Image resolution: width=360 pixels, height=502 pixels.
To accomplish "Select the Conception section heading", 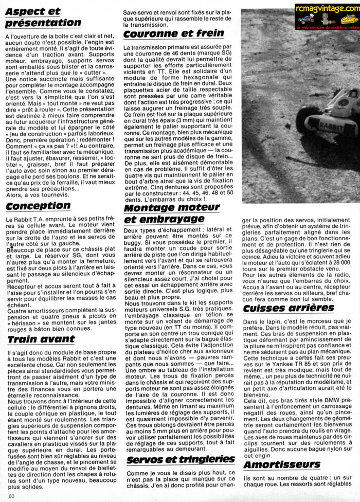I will [x=38, y=206].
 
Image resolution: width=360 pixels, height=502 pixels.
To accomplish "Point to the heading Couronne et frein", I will [x=174, y=33].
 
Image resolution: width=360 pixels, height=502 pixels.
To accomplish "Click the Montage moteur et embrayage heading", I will [x=172, y=214].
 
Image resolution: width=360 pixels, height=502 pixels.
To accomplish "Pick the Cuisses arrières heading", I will [x=287, y=308].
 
